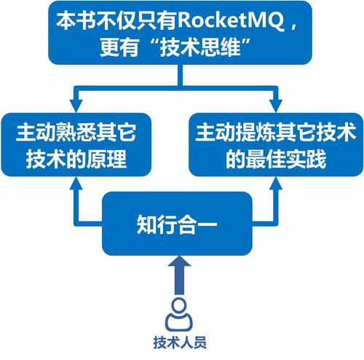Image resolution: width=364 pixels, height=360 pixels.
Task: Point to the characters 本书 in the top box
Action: coord(73,19)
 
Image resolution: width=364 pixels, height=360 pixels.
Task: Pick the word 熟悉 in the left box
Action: coord(79,133)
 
